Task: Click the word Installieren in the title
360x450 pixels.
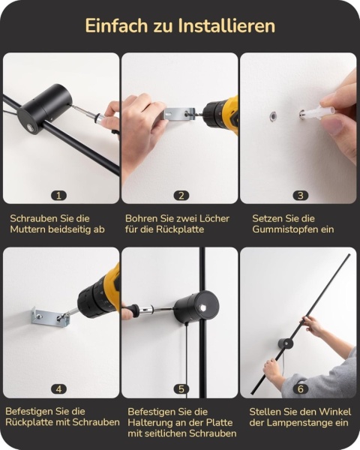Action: tap(226, 25)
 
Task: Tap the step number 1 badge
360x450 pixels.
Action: tap(58, 196)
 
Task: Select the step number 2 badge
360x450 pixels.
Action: tap(181, 196)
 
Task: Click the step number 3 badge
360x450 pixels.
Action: tap(300, 196)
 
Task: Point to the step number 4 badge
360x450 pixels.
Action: tap(58, 389)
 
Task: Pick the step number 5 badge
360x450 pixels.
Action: tap(181, 389)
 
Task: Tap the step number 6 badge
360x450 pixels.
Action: tap(300, 389)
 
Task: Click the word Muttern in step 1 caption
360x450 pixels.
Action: tap(28, 229)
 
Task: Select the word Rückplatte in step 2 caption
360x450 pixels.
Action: tap(180, 229)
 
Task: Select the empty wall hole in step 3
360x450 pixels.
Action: tap(273, 116)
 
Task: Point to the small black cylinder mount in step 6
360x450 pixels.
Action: tap(286, 344)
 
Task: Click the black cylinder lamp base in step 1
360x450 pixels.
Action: tap(44, 109)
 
